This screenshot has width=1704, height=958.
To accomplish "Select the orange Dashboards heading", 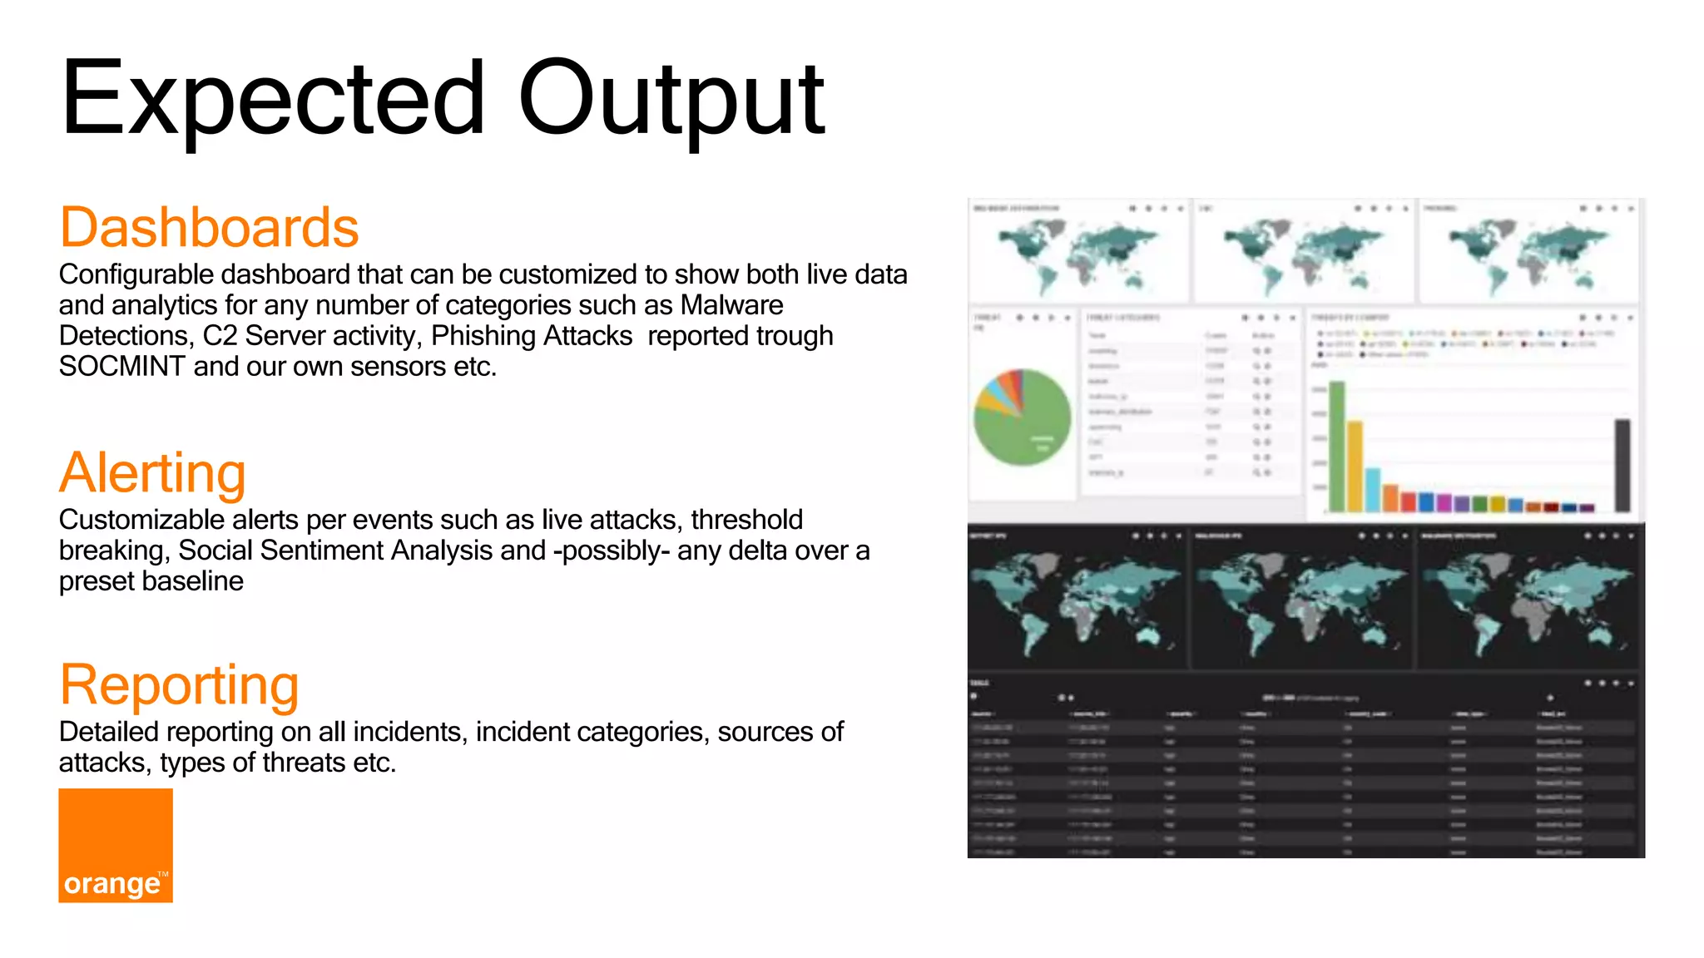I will [209, 227].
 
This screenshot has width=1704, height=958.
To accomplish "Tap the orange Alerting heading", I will [152, 472].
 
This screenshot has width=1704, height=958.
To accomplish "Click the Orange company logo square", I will [116, 845].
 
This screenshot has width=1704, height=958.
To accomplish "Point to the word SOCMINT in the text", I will [121, 367].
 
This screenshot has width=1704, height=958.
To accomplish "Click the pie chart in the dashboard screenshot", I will [1023, 417].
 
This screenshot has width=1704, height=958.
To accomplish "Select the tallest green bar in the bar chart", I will [1337, 446].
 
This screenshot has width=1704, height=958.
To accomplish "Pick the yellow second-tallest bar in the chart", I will [1355, 466].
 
